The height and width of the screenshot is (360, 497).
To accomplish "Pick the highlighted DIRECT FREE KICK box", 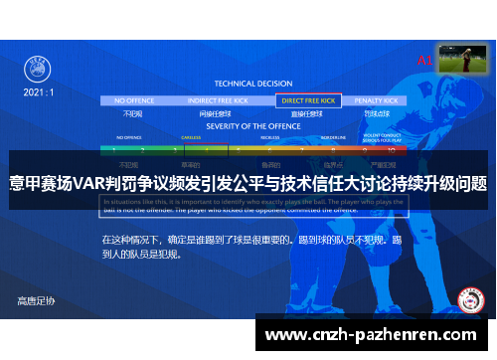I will [x=310, y=100].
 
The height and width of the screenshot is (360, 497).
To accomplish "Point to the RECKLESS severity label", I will [x=270, y=137].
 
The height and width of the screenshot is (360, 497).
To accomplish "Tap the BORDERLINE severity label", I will [x=333, y=137].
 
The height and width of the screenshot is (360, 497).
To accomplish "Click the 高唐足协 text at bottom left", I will [x=37, y=300].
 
